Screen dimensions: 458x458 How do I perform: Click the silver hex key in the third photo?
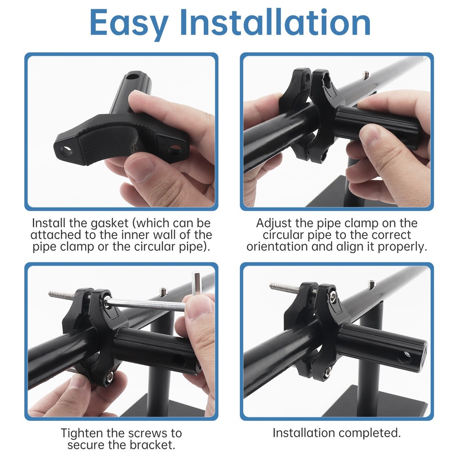[147, 304]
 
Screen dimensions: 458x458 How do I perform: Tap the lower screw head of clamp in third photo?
[110, 376]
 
